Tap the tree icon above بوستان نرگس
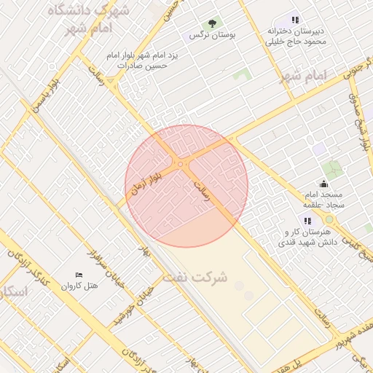point(212,23)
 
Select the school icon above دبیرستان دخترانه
point(294,20)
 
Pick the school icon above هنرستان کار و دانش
point(307,220)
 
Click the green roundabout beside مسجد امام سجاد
point(329,219)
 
